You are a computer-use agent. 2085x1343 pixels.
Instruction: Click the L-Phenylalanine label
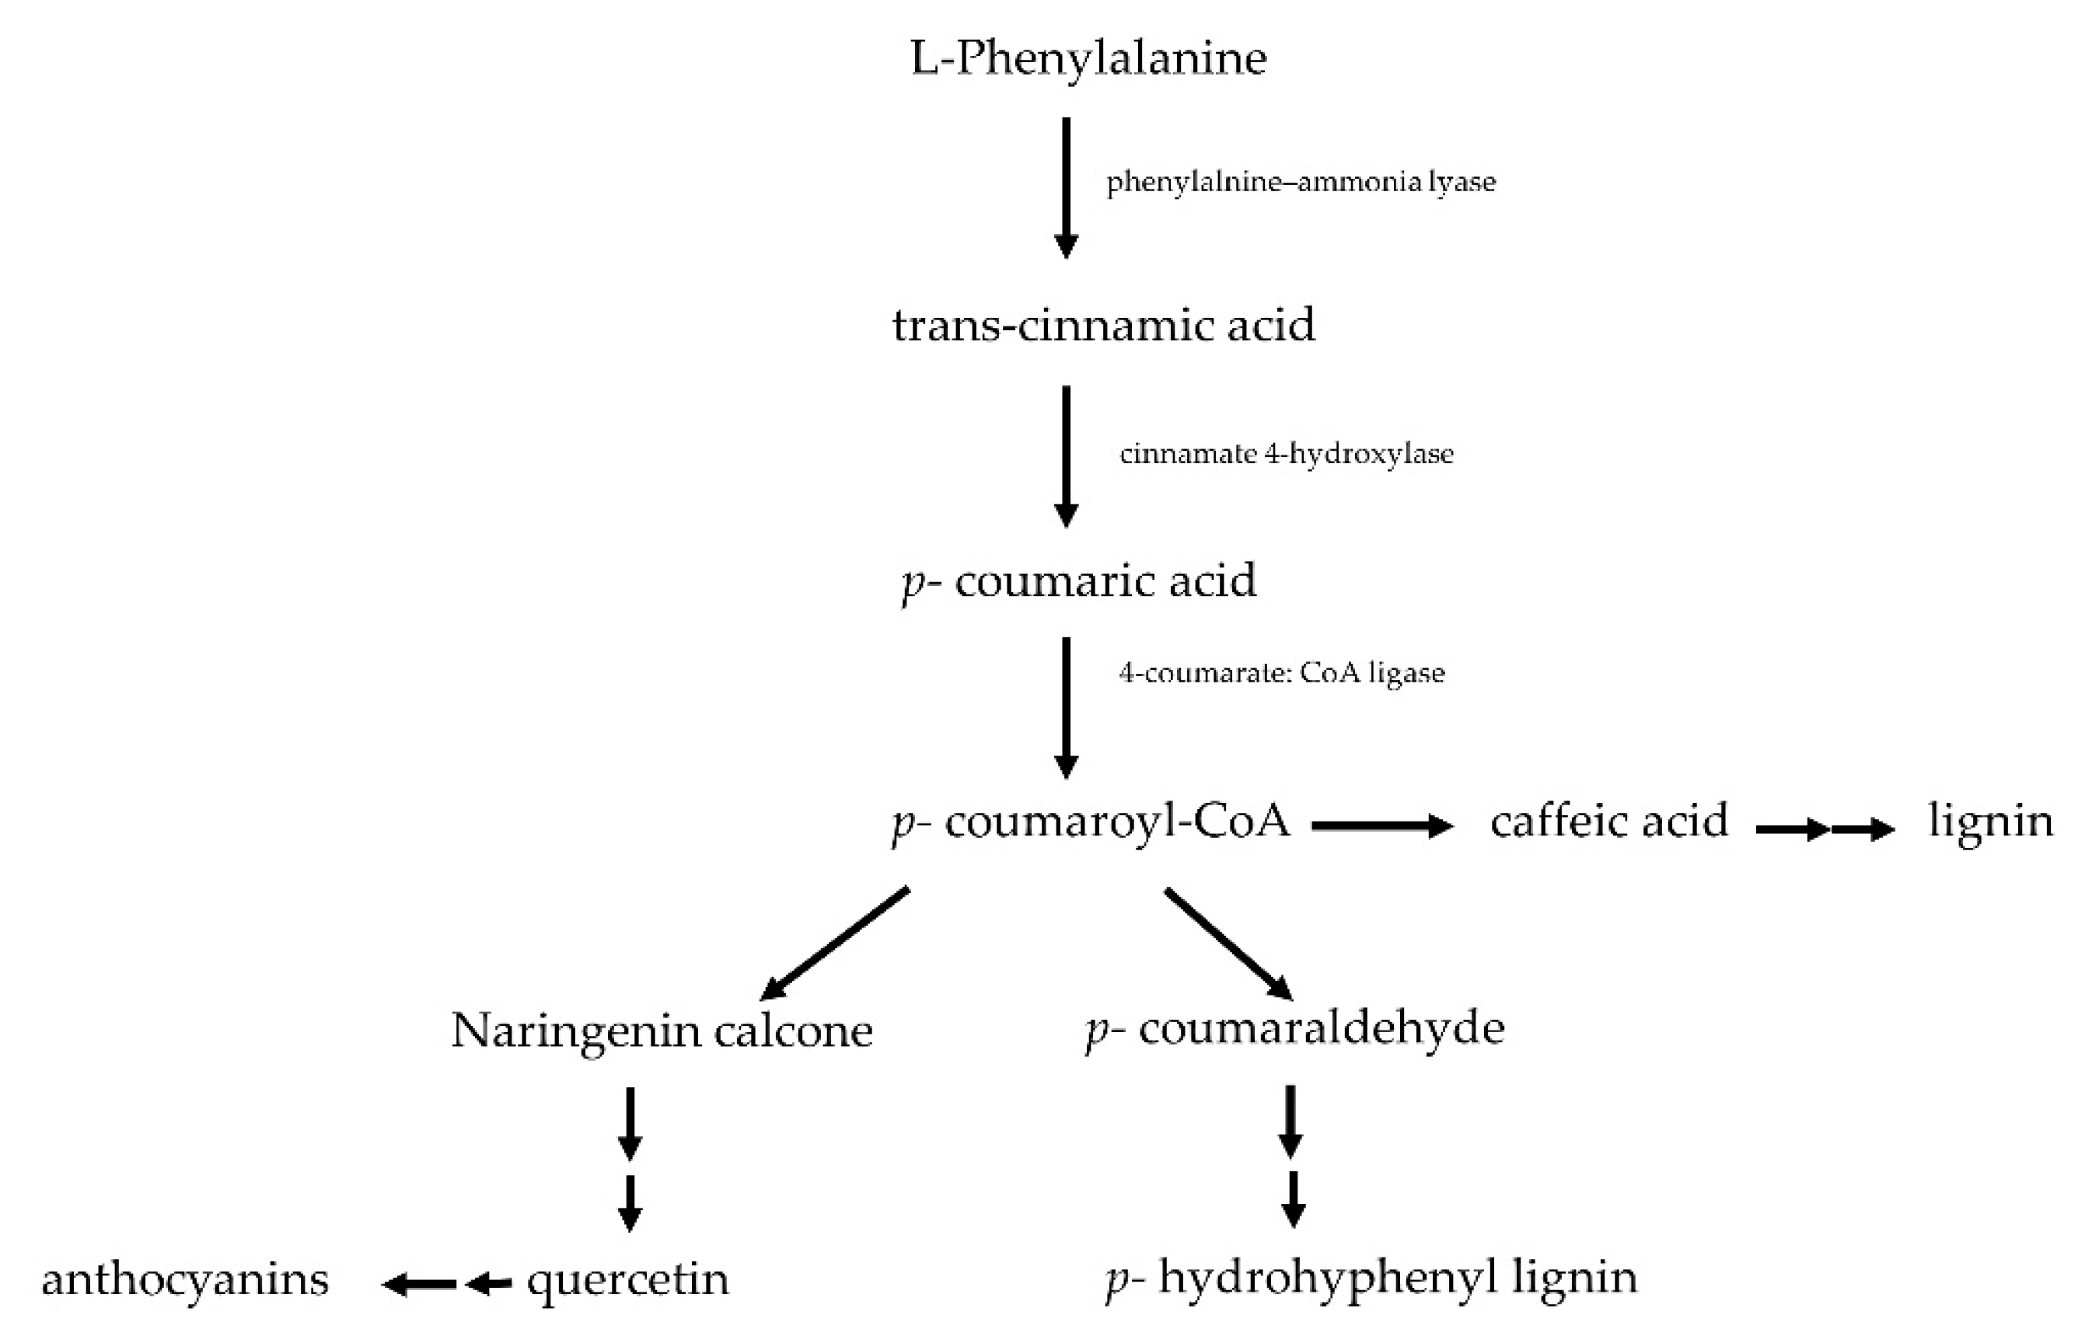pyautogui.click(x=1088, y=59)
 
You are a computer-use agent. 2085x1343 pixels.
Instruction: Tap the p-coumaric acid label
pyautogui.click(x=1079, y=581)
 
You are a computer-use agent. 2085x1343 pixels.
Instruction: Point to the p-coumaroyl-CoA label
pyautogui.click(x=1091, y=822)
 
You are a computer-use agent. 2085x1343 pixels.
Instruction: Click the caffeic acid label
pyautogui.click(x=1608, y=821)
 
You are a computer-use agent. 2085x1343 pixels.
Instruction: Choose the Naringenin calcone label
pyautogui.click(x=662, y=1031)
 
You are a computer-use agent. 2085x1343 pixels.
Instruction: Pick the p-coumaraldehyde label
pyautogui.click(x=1294, y=1029)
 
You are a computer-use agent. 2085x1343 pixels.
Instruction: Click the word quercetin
pyautogui.click(x=627, y=1280)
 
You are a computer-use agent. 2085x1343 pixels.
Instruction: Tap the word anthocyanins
pyautogui.click(x=185, y=1280)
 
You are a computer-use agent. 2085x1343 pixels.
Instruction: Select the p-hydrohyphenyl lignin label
pyautogui.click(x=1371, y=1278)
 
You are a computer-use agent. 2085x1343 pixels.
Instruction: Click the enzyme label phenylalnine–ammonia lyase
pyautogui.click(x=1301, y=183)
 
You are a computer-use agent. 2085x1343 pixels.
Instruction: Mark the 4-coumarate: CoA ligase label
pyautogui.click(x=1281, y=673)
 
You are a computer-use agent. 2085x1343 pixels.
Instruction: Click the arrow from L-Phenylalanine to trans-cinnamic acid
pyautogui.click(x=1066, y=187)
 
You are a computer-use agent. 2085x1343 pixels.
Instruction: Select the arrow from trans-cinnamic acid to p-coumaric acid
pyautogui.click(x=1066, y=456)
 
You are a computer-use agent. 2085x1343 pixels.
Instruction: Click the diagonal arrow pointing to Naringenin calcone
pyautogui.click(x=835, y=944)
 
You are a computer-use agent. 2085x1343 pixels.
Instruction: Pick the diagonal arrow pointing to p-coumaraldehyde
pyautogui.click(x=1228, y=944)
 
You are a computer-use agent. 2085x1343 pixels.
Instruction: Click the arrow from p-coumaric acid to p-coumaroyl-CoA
pyautogui.click(x=1066, y=706)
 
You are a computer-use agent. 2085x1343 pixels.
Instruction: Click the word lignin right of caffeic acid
pyautogui.click(x=1990, y=821)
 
